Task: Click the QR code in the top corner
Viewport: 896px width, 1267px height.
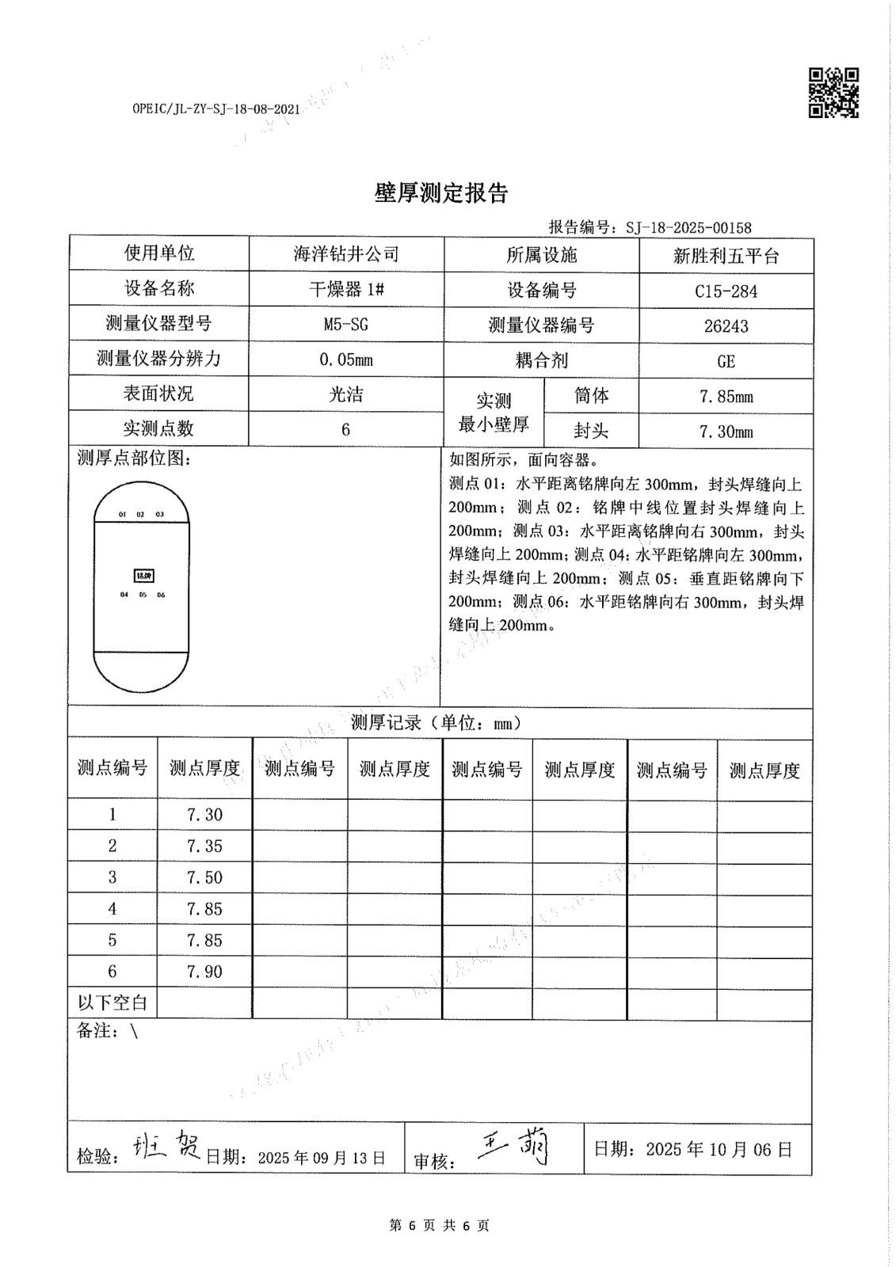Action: pyautogui.click(x=833, y=93)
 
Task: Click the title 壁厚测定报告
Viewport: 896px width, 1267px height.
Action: pyautogui.click(x=441, y=193)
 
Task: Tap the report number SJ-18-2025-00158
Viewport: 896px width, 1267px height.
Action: pyautogui.click(x=688, y=228)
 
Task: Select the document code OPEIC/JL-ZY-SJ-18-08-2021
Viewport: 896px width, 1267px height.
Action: pyautogui.click(x=215, y=109)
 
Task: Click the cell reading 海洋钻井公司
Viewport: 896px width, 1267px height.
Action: pyautogui.click(x=346, y=254)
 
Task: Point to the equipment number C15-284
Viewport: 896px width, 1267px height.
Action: pyautogui.click(x=726, y=291)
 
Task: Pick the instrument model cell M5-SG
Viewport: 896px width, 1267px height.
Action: pyautogui.click(x=346, y=325)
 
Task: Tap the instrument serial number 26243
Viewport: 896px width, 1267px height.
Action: pyautogui.click(x=726, y=326)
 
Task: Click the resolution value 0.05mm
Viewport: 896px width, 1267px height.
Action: pyautogui.click(x=346, y=360)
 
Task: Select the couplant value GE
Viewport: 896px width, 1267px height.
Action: pyautogui.click(x=726, y=361)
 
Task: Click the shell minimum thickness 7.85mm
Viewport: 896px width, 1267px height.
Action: pyautogui.click(x=726, y=397)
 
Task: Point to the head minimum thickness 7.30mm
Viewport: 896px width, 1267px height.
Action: pyautogui.click(x=726, y=432)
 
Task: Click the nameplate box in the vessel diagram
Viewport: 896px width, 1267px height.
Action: pyautogui.click(x=143, y=576)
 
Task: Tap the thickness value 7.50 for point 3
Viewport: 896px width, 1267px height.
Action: pyautogui.click(x=204, y=877)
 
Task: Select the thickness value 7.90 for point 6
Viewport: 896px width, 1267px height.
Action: pyautogui.click(x=204, y=972)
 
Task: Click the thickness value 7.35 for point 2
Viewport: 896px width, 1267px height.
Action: pyautogui.click(x=204, y=846)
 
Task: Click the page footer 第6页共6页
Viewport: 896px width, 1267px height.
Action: pyautogui.click(x=440, y=1226)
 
